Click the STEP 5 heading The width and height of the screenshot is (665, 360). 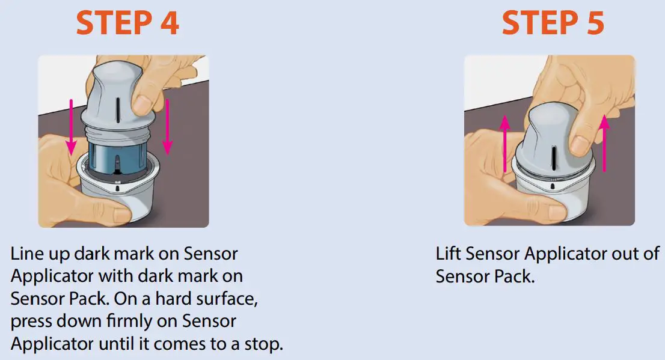tap(553, 23)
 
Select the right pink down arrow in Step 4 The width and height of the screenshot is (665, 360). tap(168, 126)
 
